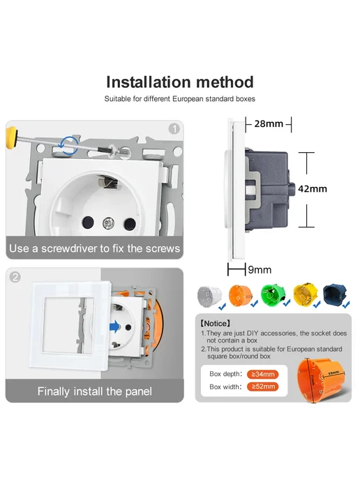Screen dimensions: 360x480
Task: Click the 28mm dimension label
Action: click(x=269, y=123)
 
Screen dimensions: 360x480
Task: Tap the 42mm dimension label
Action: click(x=313, y=189)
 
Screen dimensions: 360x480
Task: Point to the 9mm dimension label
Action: click(x=260, y=270)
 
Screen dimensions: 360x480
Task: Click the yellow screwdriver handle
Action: click(x=11, y=137)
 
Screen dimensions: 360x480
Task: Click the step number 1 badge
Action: click(x=174, y=129)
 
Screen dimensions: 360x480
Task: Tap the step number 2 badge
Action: click(x=15, y=277)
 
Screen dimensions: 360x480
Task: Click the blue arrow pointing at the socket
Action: click(x=114, y=327)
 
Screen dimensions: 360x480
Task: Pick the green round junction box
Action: click(x=273, y=294)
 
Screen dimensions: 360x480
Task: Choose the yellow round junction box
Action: click(x=305, y=294)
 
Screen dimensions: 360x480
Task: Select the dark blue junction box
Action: click(x=335, y=294)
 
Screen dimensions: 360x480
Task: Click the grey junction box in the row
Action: click(x=209, y=296)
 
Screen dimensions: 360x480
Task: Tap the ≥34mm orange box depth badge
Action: click(x=262, y=374)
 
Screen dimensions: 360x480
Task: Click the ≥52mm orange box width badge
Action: click(x=262, y=387)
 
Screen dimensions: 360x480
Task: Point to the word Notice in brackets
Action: click(x=215, y=324)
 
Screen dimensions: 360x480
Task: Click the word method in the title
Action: click(x=225, y=82)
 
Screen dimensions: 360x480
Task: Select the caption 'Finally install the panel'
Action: click(x=95, y=391)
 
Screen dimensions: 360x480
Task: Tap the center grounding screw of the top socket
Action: click(x=108, y=223)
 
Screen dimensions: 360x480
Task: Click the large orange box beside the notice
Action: click(x=321, y=380)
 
